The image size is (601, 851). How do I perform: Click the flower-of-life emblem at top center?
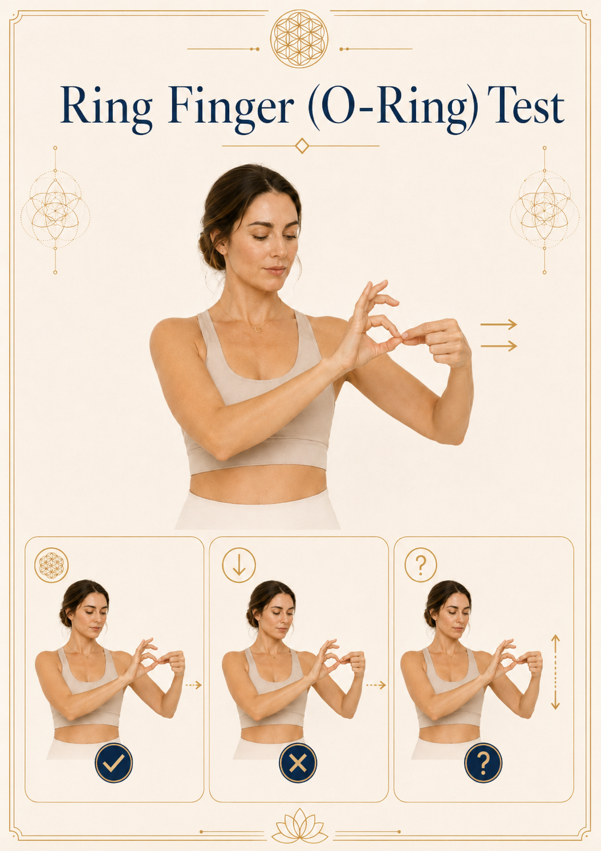point(299,39)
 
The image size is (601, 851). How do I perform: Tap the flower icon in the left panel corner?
point(52,565)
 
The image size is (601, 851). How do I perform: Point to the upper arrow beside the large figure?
point(498,325)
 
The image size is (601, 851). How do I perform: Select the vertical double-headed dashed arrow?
point(555,672)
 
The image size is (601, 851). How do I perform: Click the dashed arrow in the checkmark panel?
point(193,686)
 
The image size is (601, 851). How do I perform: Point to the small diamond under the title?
point(302,146)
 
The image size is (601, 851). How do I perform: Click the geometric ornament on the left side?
point(55,210)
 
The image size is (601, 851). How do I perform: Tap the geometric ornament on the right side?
point(545,210)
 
